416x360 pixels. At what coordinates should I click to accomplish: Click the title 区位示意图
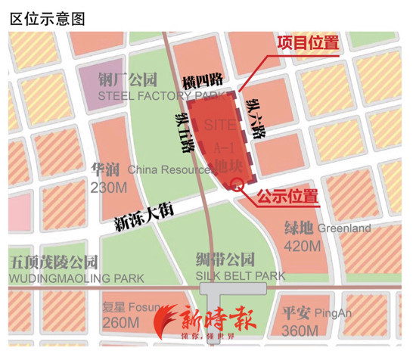pos(47,17)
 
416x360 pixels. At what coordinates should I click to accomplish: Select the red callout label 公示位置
pos(287,198)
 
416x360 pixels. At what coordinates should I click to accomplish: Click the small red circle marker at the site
pos(236,183)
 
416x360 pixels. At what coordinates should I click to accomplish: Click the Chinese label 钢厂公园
pos(128,79)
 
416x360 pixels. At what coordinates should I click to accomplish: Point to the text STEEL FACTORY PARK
pos(163,96)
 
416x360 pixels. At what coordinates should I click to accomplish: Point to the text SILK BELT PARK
pos(240,277)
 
